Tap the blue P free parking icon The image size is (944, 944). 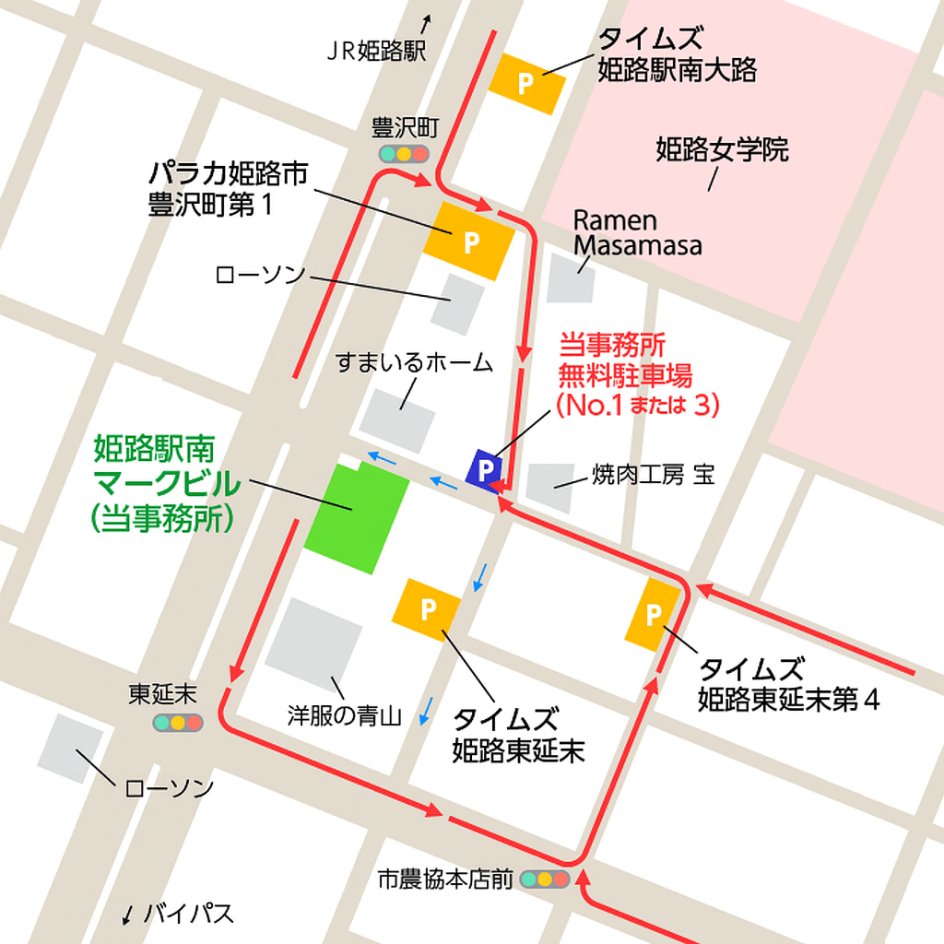[x=481, y=469]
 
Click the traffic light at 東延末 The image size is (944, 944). [x=177, y=723]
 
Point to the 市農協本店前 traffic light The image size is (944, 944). [x=545, y=879]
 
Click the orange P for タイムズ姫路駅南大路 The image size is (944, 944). [x=525, y=84]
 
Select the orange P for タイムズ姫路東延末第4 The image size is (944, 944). [x=654, y=614]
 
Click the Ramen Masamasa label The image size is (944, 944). [x=637, y=232]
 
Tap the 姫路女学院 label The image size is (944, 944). [x=722, y=150]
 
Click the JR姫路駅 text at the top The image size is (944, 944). [x=376, y=52]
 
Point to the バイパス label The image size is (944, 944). [x=189, y=914]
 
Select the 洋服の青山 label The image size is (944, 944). [x=344, y=715]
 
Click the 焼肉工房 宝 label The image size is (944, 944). [x=653, y=475]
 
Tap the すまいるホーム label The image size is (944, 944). [x=414, y=362]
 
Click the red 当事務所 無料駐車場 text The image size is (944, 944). [x=625, y=374]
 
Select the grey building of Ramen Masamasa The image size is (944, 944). [x=572, y=278]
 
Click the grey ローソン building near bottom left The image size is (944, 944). [x=70, y=748]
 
